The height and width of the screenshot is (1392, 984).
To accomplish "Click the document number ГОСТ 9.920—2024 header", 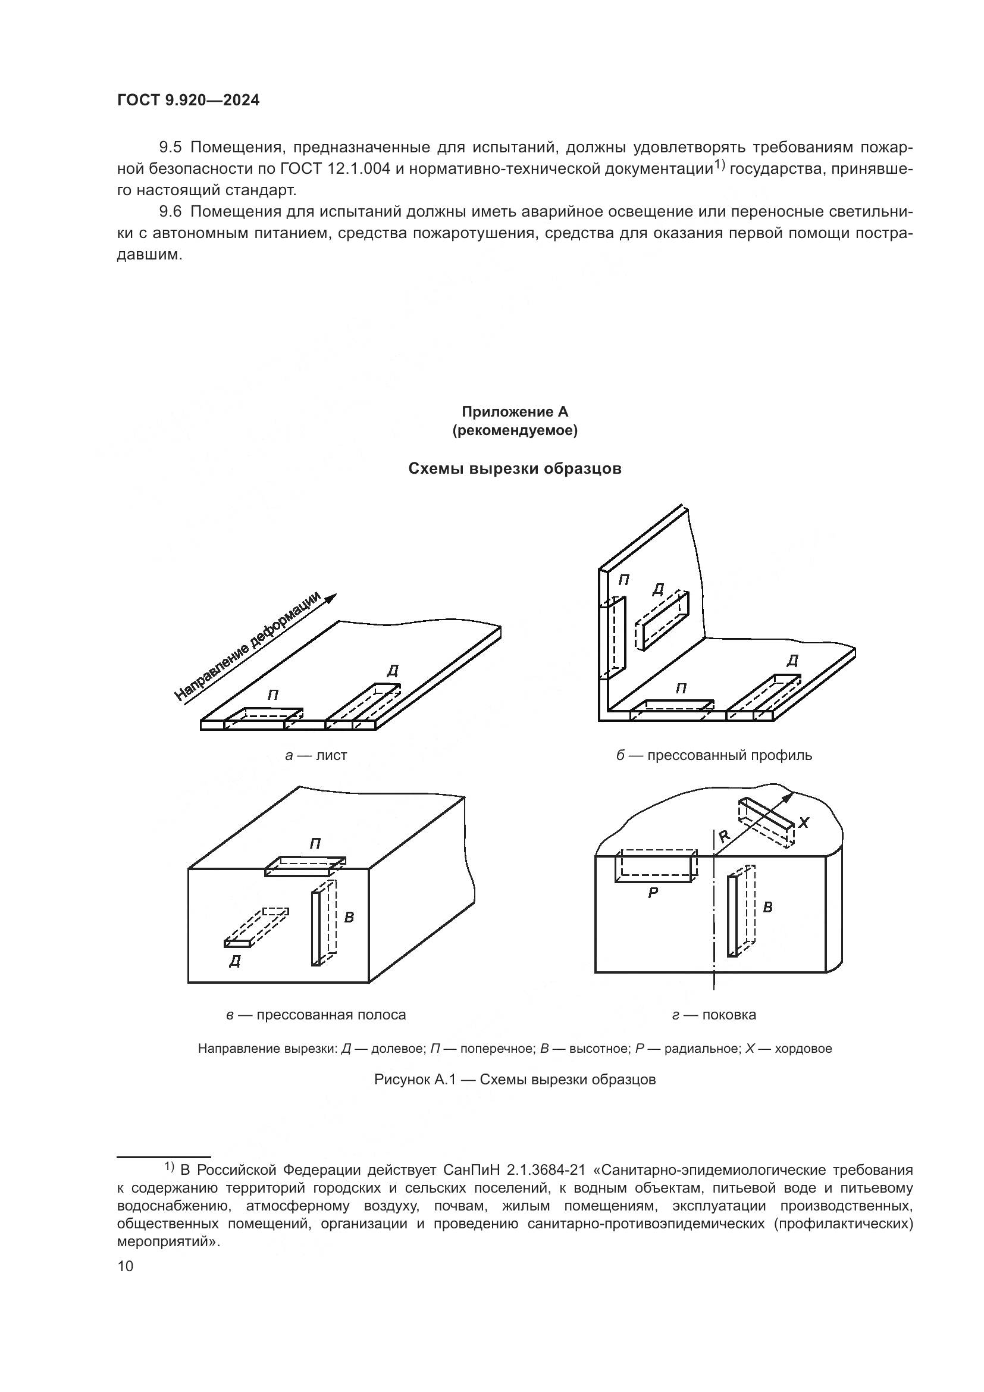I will pyautogui.click(x=188, y=101).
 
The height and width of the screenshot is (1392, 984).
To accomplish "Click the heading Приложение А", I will pyautogui.click(x=515, y=412).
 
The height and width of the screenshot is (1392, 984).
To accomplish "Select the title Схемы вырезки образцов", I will pyautogui.click(x=515, y=468).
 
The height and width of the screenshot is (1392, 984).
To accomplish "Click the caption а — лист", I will pyautogui.click(x=316, y=755).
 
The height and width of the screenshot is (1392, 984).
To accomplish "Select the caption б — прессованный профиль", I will pyautogui.click(x=714, y=755).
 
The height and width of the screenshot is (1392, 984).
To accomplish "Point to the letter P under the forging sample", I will pyautogui.click(x=653, y=893).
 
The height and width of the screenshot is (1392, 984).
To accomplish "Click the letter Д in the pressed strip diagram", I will pyautogui.click(x=235, y=962).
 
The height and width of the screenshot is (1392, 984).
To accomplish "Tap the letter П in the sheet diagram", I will pyautogui.click(x=273, y=695).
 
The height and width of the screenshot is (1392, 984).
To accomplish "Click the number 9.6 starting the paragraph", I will pyautogui.click(x=170, y=212).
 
